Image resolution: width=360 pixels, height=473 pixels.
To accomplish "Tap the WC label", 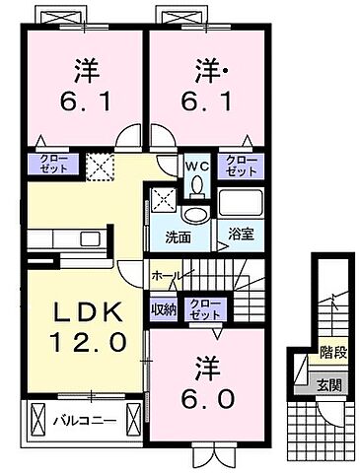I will (x=195, y=165).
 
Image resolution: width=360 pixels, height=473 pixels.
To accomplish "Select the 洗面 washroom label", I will (x=178, y=236).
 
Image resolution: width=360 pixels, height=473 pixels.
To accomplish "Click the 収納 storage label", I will (x=164, y=309).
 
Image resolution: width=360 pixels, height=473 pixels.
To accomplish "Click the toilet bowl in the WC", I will (x=196, y=184).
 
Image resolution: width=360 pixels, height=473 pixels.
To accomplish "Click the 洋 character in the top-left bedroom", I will (x=83, y=72).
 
